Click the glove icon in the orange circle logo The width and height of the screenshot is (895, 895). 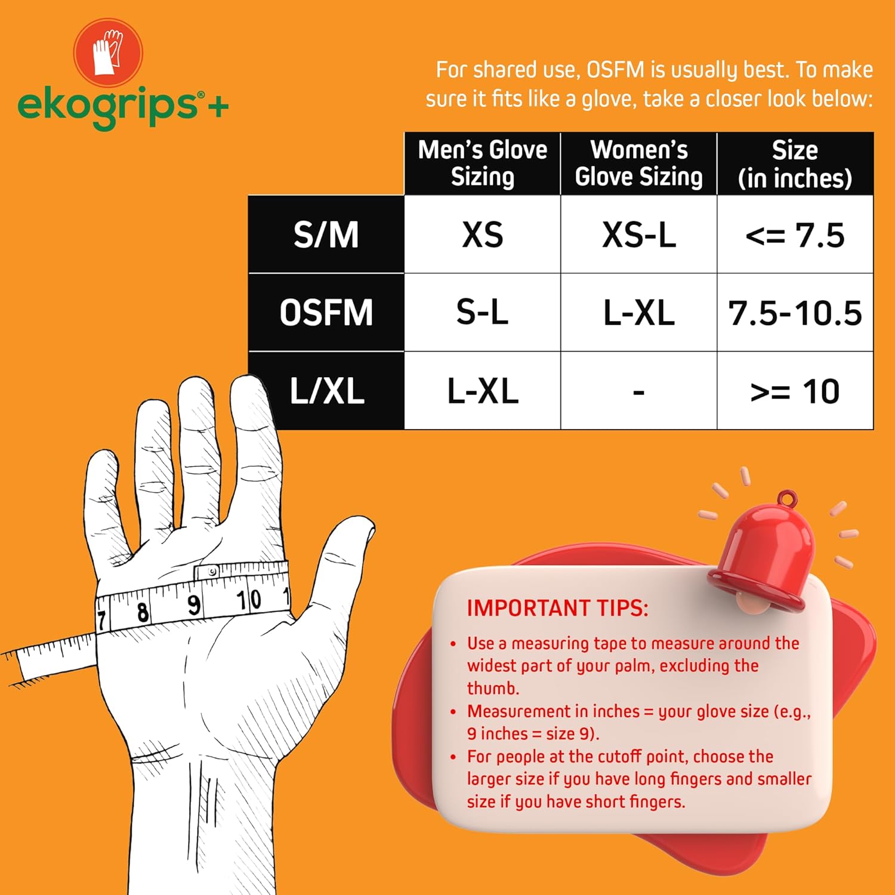click(107, 53)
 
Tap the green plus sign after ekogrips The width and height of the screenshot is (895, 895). click(218, 107)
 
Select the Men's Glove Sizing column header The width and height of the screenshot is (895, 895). click(482, 163)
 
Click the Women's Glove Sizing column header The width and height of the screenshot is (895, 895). click(638, 163)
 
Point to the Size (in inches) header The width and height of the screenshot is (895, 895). click(795, 163)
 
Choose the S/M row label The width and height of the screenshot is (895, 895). click(326, 234)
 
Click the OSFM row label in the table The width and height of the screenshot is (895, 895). click(326, 313)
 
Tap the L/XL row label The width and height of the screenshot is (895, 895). click(326, 391)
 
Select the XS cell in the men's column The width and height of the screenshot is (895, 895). click(482, 234)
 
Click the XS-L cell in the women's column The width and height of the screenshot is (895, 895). click(638, 234)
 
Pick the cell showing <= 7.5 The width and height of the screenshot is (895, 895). click(795, 234)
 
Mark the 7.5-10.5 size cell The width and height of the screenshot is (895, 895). click(795, 313)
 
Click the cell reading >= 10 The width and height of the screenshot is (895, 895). click(795, 391)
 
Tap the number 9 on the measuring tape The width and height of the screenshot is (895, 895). click(194, 605)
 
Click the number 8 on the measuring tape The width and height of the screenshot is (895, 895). click(143, 612)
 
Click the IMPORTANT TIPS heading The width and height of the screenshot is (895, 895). click(557, 608)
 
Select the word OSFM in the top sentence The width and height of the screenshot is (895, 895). click(615, 70)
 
